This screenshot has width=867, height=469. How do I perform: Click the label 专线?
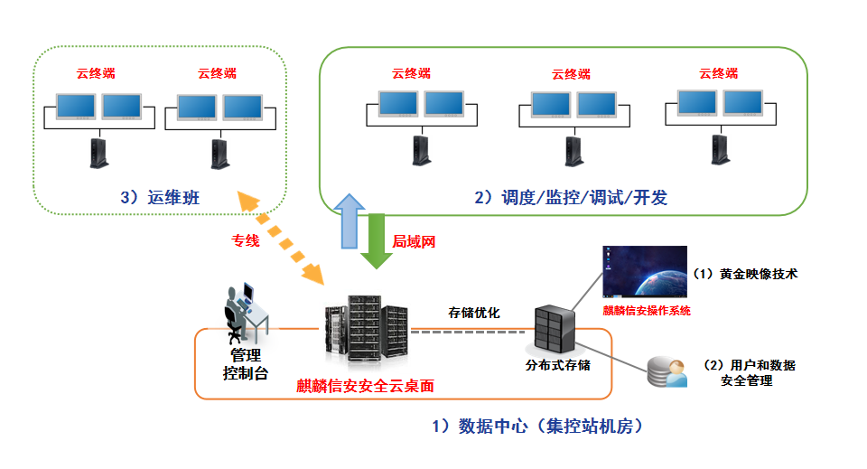point(245,241)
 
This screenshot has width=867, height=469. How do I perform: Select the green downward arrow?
point(378,241)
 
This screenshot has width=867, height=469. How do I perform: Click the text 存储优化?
point(474,313)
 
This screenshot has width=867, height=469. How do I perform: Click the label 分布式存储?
point(558,366)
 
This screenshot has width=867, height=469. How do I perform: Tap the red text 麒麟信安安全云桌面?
point(366,386)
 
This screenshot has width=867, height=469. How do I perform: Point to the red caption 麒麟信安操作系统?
point(647,310)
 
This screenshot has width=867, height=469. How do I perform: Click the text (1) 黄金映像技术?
point(745,273)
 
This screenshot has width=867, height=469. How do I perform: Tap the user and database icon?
point(667,371)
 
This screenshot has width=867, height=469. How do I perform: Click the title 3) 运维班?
point(159,197)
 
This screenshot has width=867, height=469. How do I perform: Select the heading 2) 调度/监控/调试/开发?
point(571,197)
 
